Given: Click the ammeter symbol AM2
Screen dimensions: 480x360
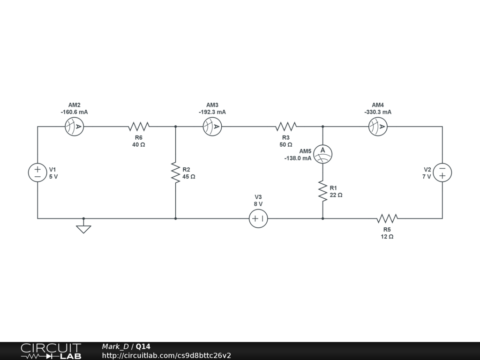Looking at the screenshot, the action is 75,127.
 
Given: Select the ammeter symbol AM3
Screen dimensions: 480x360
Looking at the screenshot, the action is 212,127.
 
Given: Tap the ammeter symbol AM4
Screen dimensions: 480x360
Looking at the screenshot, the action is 378,127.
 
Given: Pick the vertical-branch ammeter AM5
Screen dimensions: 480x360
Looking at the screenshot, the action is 322,154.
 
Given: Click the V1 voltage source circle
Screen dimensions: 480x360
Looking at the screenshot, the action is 37,172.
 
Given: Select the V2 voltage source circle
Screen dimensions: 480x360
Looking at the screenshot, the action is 442,172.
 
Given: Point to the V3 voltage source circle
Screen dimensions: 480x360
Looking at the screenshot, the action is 258,218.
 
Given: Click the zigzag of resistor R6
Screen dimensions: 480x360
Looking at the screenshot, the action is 139,127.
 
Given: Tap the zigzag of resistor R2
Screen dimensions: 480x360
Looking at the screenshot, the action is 175,172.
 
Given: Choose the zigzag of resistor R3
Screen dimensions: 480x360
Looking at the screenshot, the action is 286,127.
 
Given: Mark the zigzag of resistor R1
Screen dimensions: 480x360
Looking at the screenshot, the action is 322,191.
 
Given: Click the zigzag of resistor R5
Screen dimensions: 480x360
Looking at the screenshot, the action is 387,218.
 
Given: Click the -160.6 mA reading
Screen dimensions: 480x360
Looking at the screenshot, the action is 74,112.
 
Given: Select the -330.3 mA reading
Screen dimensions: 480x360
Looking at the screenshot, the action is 378,112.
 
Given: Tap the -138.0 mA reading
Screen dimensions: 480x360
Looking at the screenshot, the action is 298,158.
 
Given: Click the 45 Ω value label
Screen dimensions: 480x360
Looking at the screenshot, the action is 189,177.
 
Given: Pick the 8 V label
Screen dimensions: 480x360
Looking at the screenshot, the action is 258,204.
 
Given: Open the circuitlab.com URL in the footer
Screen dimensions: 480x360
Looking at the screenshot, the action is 166,356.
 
